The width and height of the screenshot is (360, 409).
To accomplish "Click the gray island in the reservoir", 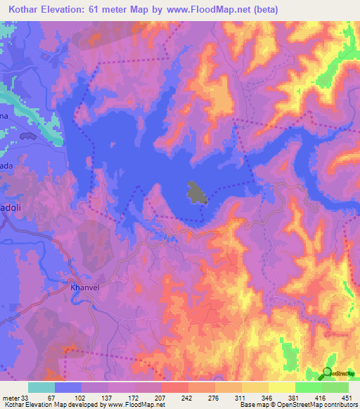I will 197,193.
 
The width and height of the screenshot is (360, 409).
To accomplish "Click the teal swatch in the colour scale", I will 41,387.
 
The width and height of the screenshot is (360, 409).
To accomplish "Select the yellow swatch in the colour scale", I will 282,387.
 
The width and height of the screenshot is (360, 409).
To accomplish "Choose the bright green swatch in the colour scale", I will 309,387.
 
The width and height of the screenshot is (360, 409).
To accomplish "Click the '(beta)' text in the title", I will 265,10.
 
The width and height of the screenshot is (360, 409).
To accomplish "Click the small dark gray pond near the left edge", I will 29,135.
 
